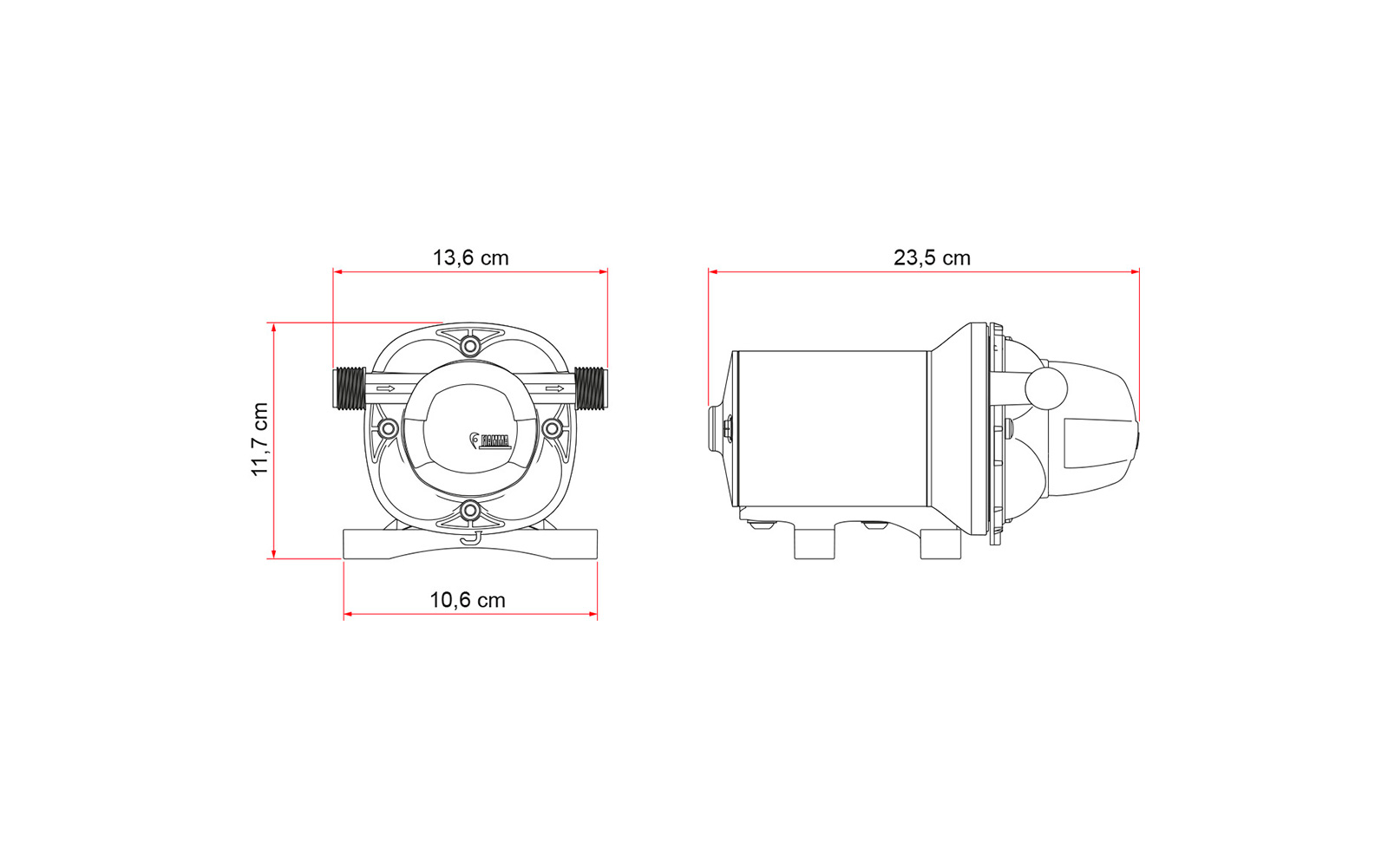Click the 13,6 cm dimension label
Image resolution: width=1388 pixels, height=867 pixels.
coord(470,257)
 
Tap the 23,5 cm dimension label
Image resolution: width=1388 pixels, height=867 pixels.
coord(932,257)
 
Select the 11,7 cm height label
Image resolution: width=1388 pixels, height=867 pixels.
coord(260,439)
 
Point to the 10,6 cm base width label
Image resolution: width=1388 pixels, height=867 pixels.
coord(468,600)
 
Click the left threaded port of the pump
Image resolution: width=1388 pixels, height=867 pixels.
coord(350,388)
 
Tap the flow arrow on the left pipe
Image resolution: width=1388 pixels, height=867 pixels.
coord(385,389)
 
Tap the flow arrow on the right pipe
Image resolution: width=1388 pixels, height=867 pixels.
coord(554,389)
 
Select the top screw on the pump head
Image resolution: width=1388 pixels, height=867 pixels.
coord(470,345)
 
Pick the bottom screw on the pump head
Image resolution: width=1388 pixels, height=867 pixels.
coord(470,512)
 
